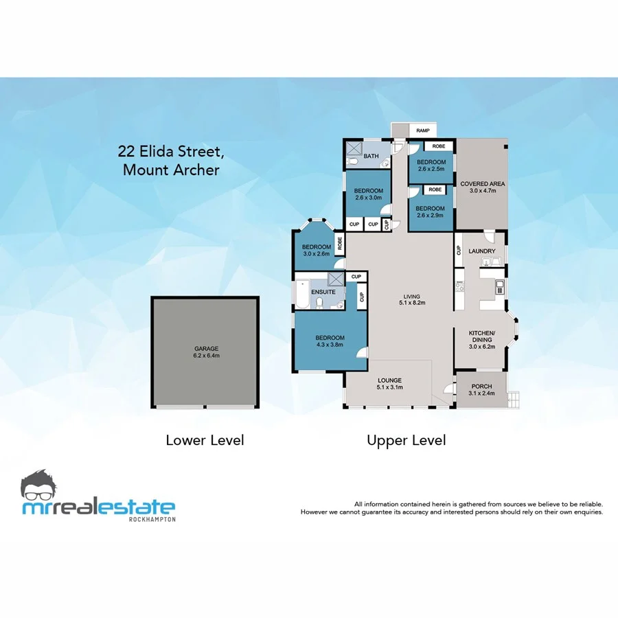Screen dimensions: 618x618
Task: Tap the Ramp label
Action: point(422,130)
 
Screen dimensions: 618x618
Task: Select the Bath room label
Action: point(371,157)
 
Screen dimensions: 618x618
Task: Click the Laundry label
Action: point(482,251)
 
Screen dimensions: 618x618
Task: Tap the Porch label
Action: point(481,387)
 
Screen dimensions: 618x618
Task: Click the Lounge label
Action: point(389,380)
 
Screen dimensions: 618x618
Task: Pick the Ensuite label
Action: point(323,292)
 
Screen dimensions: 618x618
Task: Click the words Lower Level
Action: point(205,440)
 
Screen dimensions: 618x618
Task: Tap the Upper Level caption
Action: point(406,440)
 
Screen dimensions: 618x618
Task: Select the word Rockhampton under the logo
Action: point(152,519)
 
